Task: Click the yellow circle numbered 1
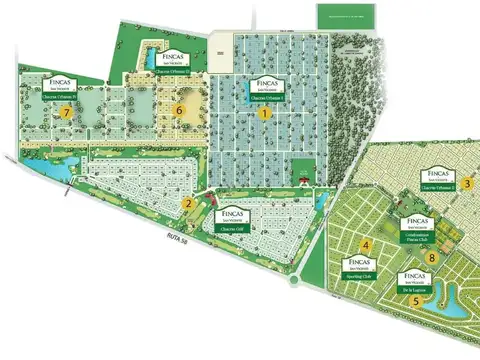pyautogui.click(x=265, y=114)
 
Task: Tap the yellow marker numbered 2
pyautogui.click(x=187, y=204)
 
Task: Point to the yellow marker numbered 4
pyautogui.click(x=367, y=246)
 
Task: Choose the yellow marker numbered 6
pyautogui.click(x=180, y=109)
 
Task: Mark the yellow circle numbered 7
pyautogui.click(x=67, y=114)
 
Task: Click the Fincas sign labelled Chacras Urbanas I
pyautogui.click(x=266, y=90)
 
